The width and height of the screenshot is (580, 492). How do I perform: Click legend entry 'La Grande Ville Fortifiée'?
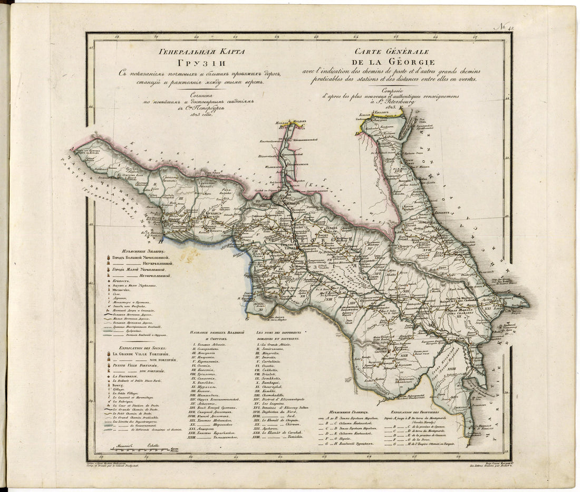[144, 354]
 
